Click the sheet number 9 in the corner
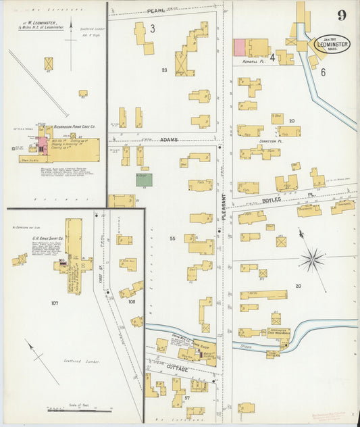(x=343, y=16)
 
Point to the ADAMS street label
(x=169, y=139)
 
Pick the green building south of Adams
(x=144, y=180)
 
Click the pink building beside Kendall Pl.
(x=239, y=47)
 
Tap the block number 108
(x=131, y=301)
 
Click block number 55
(x=172, y=239)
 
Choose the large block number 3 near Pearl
(x=153, y=28)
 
